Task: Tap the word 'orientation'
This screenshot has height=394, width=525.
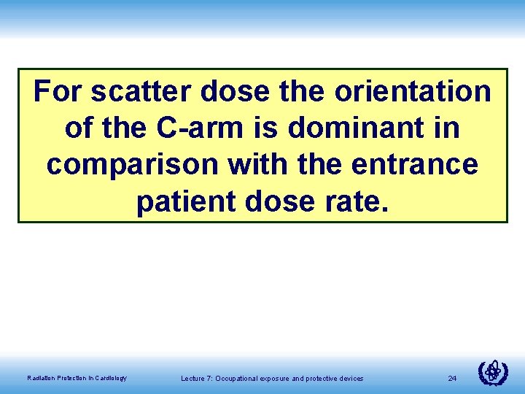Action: coord(412,93)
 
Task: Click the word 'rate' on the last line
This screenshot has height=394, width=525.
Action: coord(357,202)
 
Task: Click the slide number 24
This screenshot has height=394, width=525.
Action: coord(452,378)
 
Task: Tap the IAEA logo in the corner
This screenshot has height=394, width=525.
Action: coord(493,373)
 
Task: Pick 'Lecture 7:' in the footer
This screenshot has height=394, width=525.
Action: coord(195,378)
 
